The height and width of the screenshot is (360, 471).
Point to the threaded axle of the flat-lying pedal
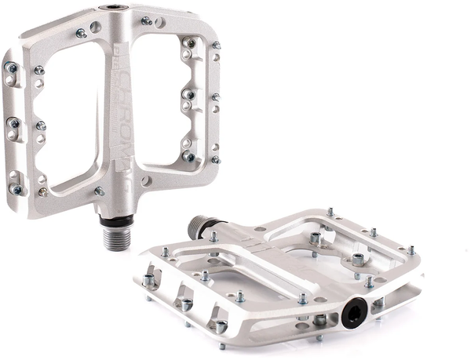(197, 227)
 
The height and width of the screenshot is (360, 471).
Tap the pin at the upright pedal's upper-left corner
(81, 33)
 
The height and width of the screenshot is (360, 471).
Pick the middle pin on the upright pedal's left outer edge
(13, 122)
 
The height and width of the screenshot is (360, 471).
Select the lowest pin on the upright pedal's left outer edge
(15, 188)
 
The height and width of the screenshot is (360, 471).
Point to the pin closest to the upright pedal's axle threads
(99, 191)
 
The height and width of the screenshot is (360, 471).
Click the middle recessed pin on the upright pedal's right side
(189, 94)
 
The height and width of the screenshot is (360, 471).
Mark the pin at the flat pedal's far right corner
(411, 251)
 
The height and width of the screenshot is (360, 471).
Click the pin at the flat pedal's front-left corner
(149, 279)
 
